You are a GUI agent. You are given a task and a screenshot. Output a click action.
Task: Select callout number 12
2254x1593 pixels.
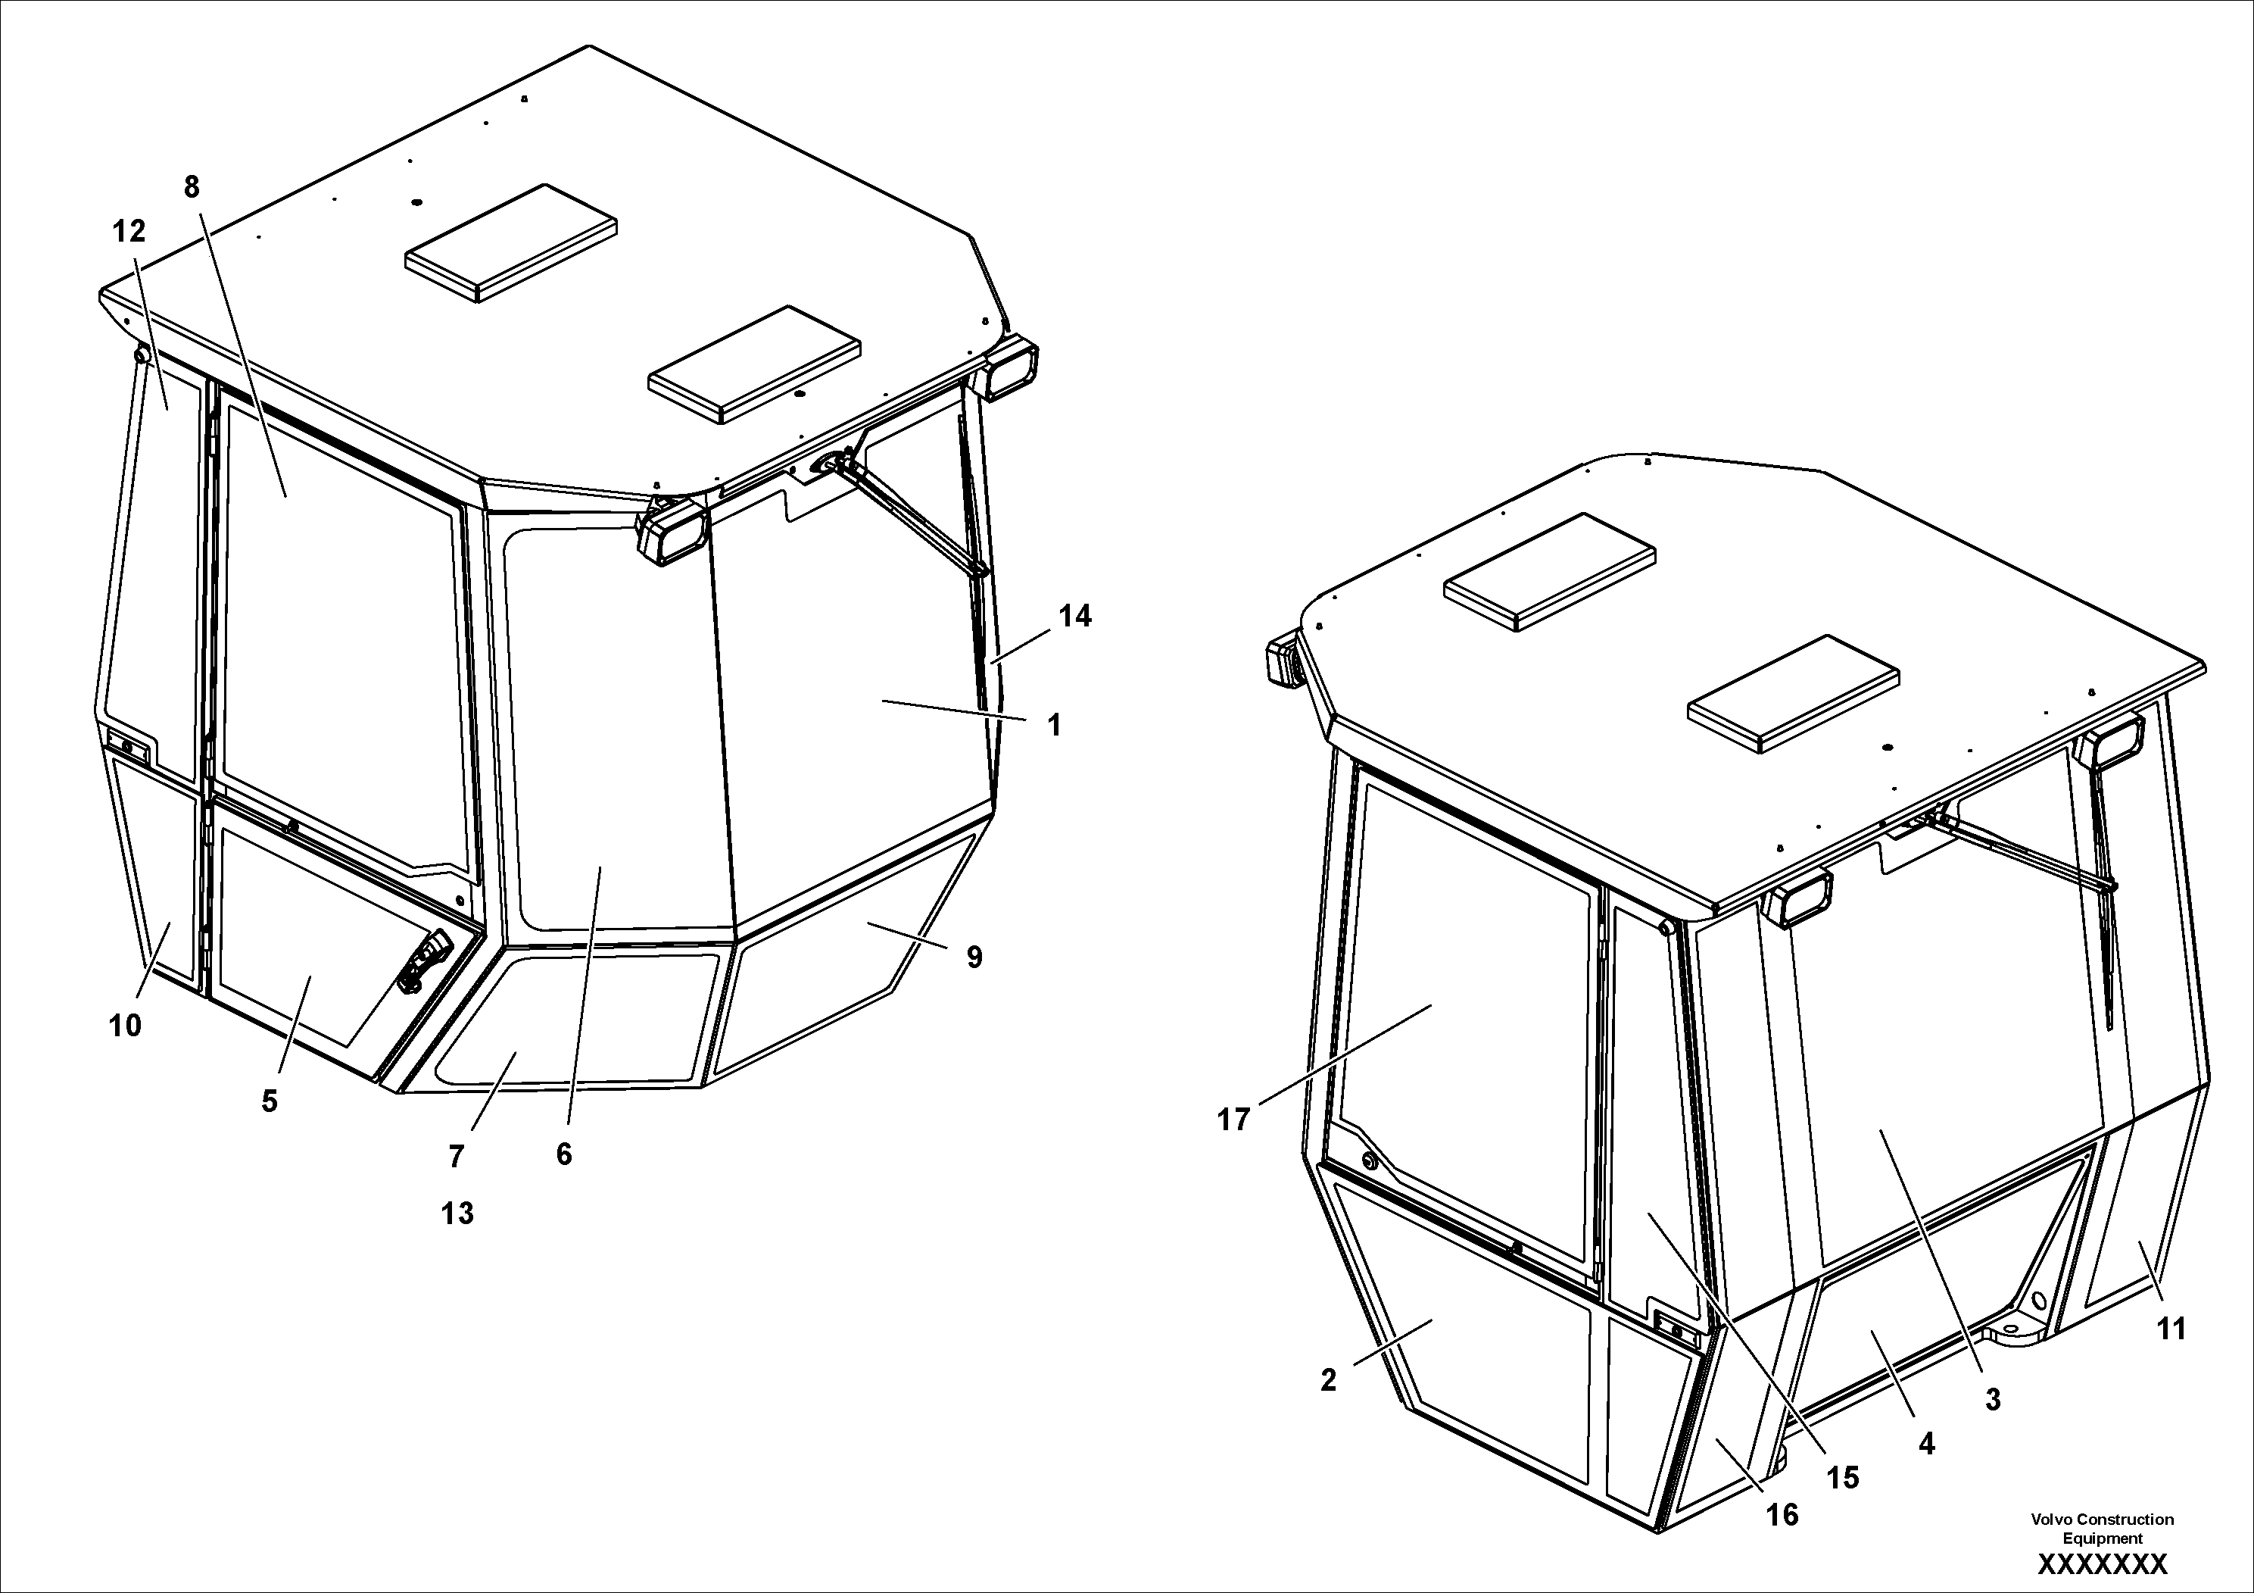[129, 232]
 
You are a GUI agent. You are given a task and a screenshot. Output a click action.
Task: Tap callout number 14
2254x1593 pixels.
[1075, 616]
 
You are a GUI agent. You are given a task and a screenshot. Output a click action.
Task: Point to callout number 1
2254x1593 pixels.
[1055, 726]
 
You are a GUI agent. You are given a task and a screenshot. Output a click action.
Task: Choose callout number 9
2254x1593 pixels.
[974, 957]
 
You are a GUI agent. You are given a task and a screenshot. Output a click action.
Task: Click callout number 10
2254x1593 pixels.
[126, 1026]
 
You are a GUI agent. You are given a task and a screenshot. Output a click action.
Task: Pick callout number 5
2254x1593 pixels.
[269, 1101]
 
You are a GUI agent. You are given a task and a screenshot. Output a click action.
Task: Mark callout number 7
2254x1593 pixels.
[456, 1157]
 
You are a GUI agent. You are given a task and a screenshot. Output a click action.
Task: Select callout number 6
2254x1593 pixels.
[563, 1154]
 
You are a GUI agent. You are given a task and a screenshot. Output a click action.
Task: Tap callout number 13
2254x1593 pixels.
[457, 1214]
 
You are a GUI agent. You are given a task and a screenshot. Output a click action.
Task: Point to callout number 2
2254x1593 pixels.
[1328, 1380]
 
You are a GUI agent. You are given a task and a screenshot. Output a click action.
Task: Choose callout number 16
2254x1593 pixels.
[1783, 1516]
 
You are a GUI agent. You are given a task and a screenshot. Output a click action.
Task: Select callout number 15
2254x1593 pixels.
[1843, 1477]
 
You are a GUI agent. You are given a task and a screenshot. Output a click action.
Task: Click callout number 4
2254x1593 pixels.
[1926, 1443]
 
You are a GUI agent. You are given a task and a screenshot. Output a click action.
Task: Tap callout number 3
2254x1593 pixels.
[1992, 1400]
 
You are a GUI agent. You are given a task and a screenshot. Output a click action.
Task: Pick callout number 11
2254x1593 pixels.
[2171, 1329]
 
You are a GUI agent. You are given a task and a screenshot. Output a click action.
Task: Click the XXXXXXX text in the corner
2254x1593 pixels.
[2102, 1563]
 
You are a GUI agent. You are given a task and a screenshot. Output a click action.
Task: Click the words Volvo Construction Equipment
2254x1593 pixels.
[2102, 1528]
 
